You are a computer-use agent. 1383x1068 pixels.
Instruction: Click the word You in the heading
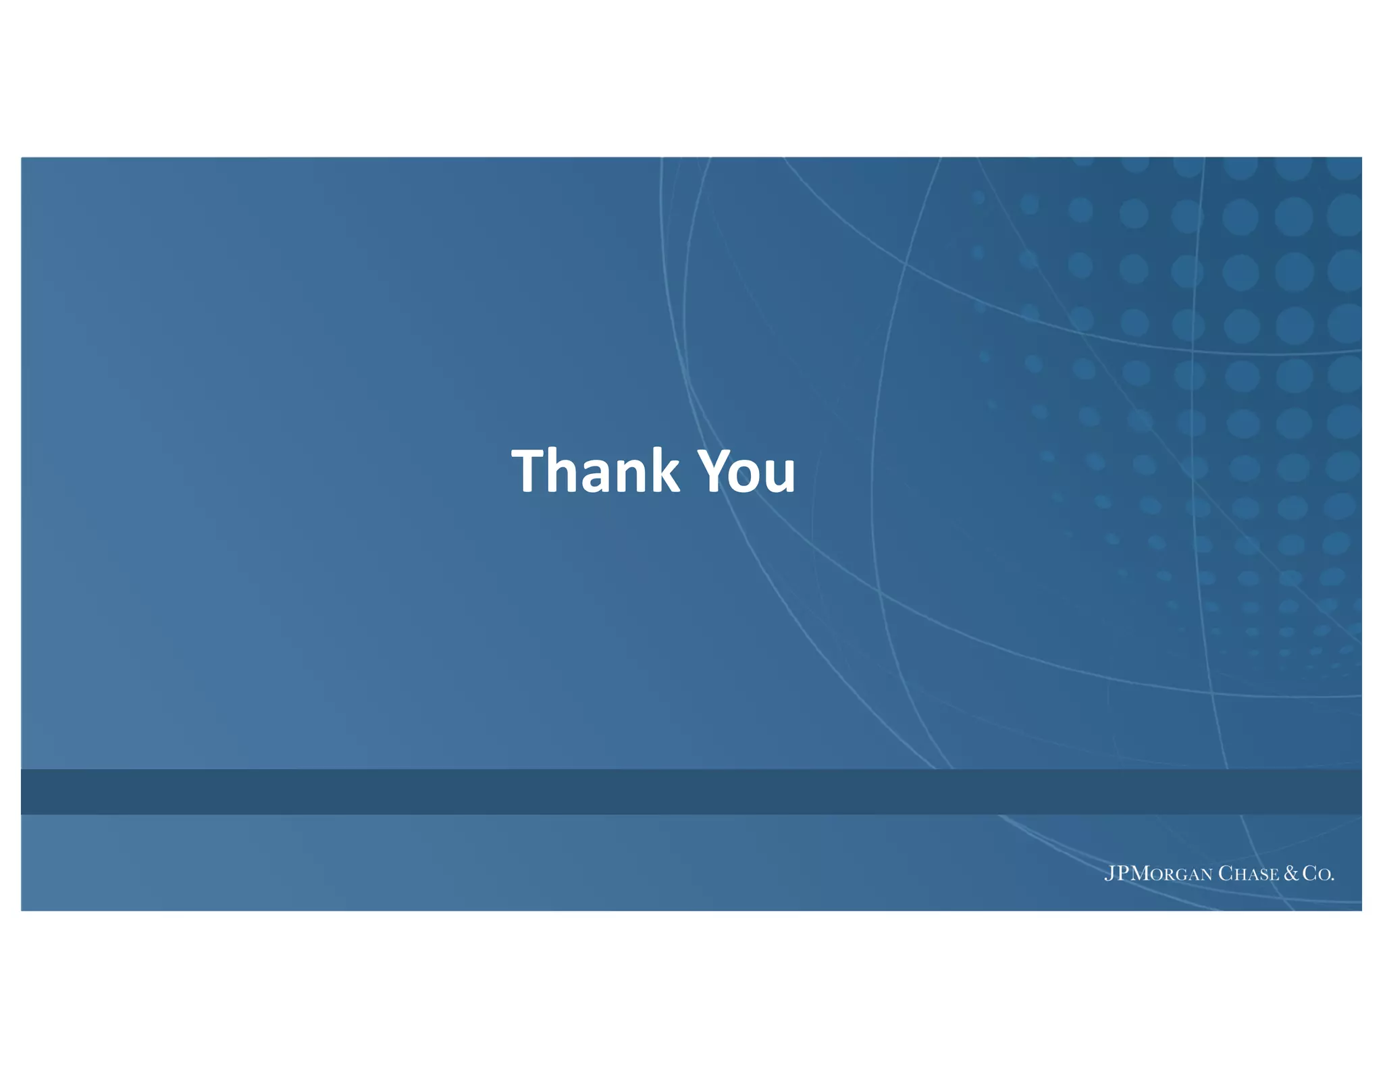[x=746, y=471]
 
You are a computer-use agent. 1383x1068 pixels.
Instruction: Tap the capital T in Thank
[x=529, y=471]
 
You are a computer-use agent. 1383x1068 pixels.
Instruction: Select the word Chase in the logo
[x=1249, y=874]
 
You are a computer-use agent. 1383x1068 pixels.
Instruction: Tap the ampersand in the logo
[x=1291, y=873]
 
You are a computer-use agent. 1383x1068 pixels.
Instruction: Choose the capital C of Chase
[x=1226, y=873]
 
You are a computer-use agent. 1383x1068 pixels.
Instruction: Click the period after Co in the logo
[x=1332, y=879]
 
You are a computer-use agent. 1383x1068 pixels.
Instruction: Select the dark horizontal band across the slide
[x=691, y=791]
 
